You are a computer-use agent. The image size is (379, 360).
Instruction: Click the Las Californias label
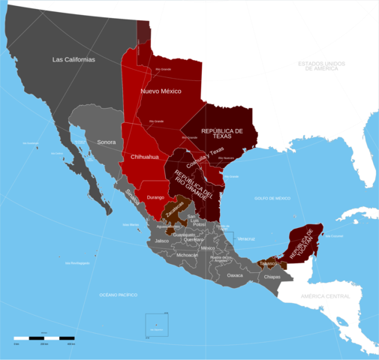74,59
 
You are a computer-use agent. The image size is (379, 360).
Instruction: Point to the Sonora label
107,141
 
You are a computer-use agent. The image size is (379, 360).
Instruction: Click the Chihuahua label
145,157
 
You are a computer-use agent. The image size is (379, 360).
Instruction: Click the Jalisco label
161,241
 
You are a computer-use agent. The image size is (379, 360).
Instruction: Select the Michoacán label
187,255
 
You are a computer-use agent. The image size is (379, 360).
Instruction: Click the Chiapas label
272,277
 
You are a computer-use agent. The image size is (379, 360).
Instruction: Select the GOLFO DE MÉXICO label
272,198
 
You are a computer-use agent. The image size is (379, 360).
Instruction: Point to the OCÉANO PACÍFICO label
119,295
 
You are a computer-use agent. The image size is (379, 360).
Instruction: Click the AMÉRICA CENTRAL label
326,297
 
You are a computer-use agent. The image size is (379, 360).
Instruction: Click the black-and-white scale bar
44,338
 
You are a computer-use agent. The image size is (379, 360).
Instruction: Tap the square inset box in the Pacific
157,325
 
